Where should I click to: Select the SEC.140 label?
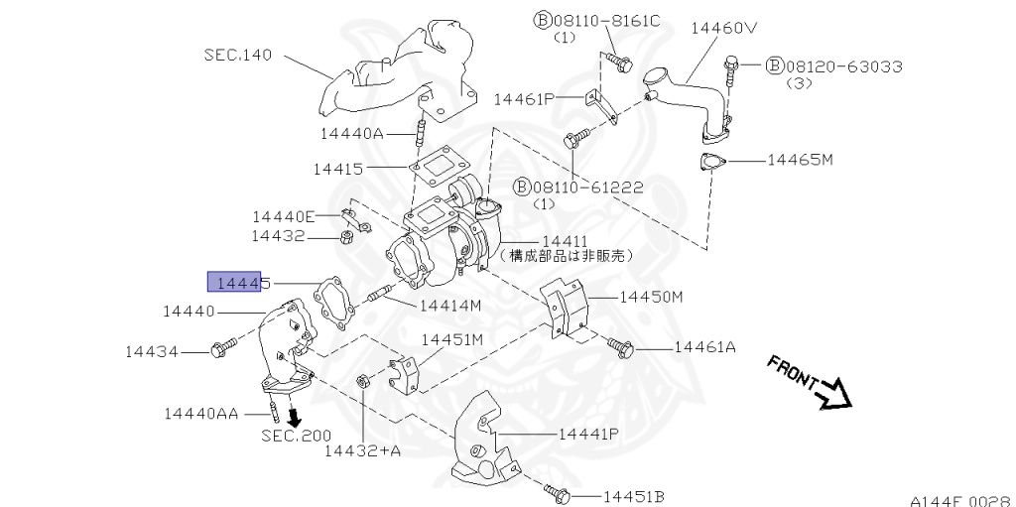click(238, 55)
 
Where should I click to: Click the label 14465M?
click(800, 159)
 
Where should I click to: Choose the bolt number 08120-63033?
click(843, 66)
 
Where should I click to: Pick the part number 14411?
click(564, 241)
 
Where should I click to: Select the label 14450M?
click(652, 296)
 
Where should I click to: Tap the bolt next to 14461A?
click(620, 347)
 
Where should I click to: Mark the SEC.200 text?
click(297, 436)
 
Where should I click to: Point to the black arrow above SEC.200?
click(293, 415)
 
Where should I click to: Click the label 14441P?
click(588, 434)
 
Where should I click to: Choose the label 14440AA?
click(201, 413)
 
